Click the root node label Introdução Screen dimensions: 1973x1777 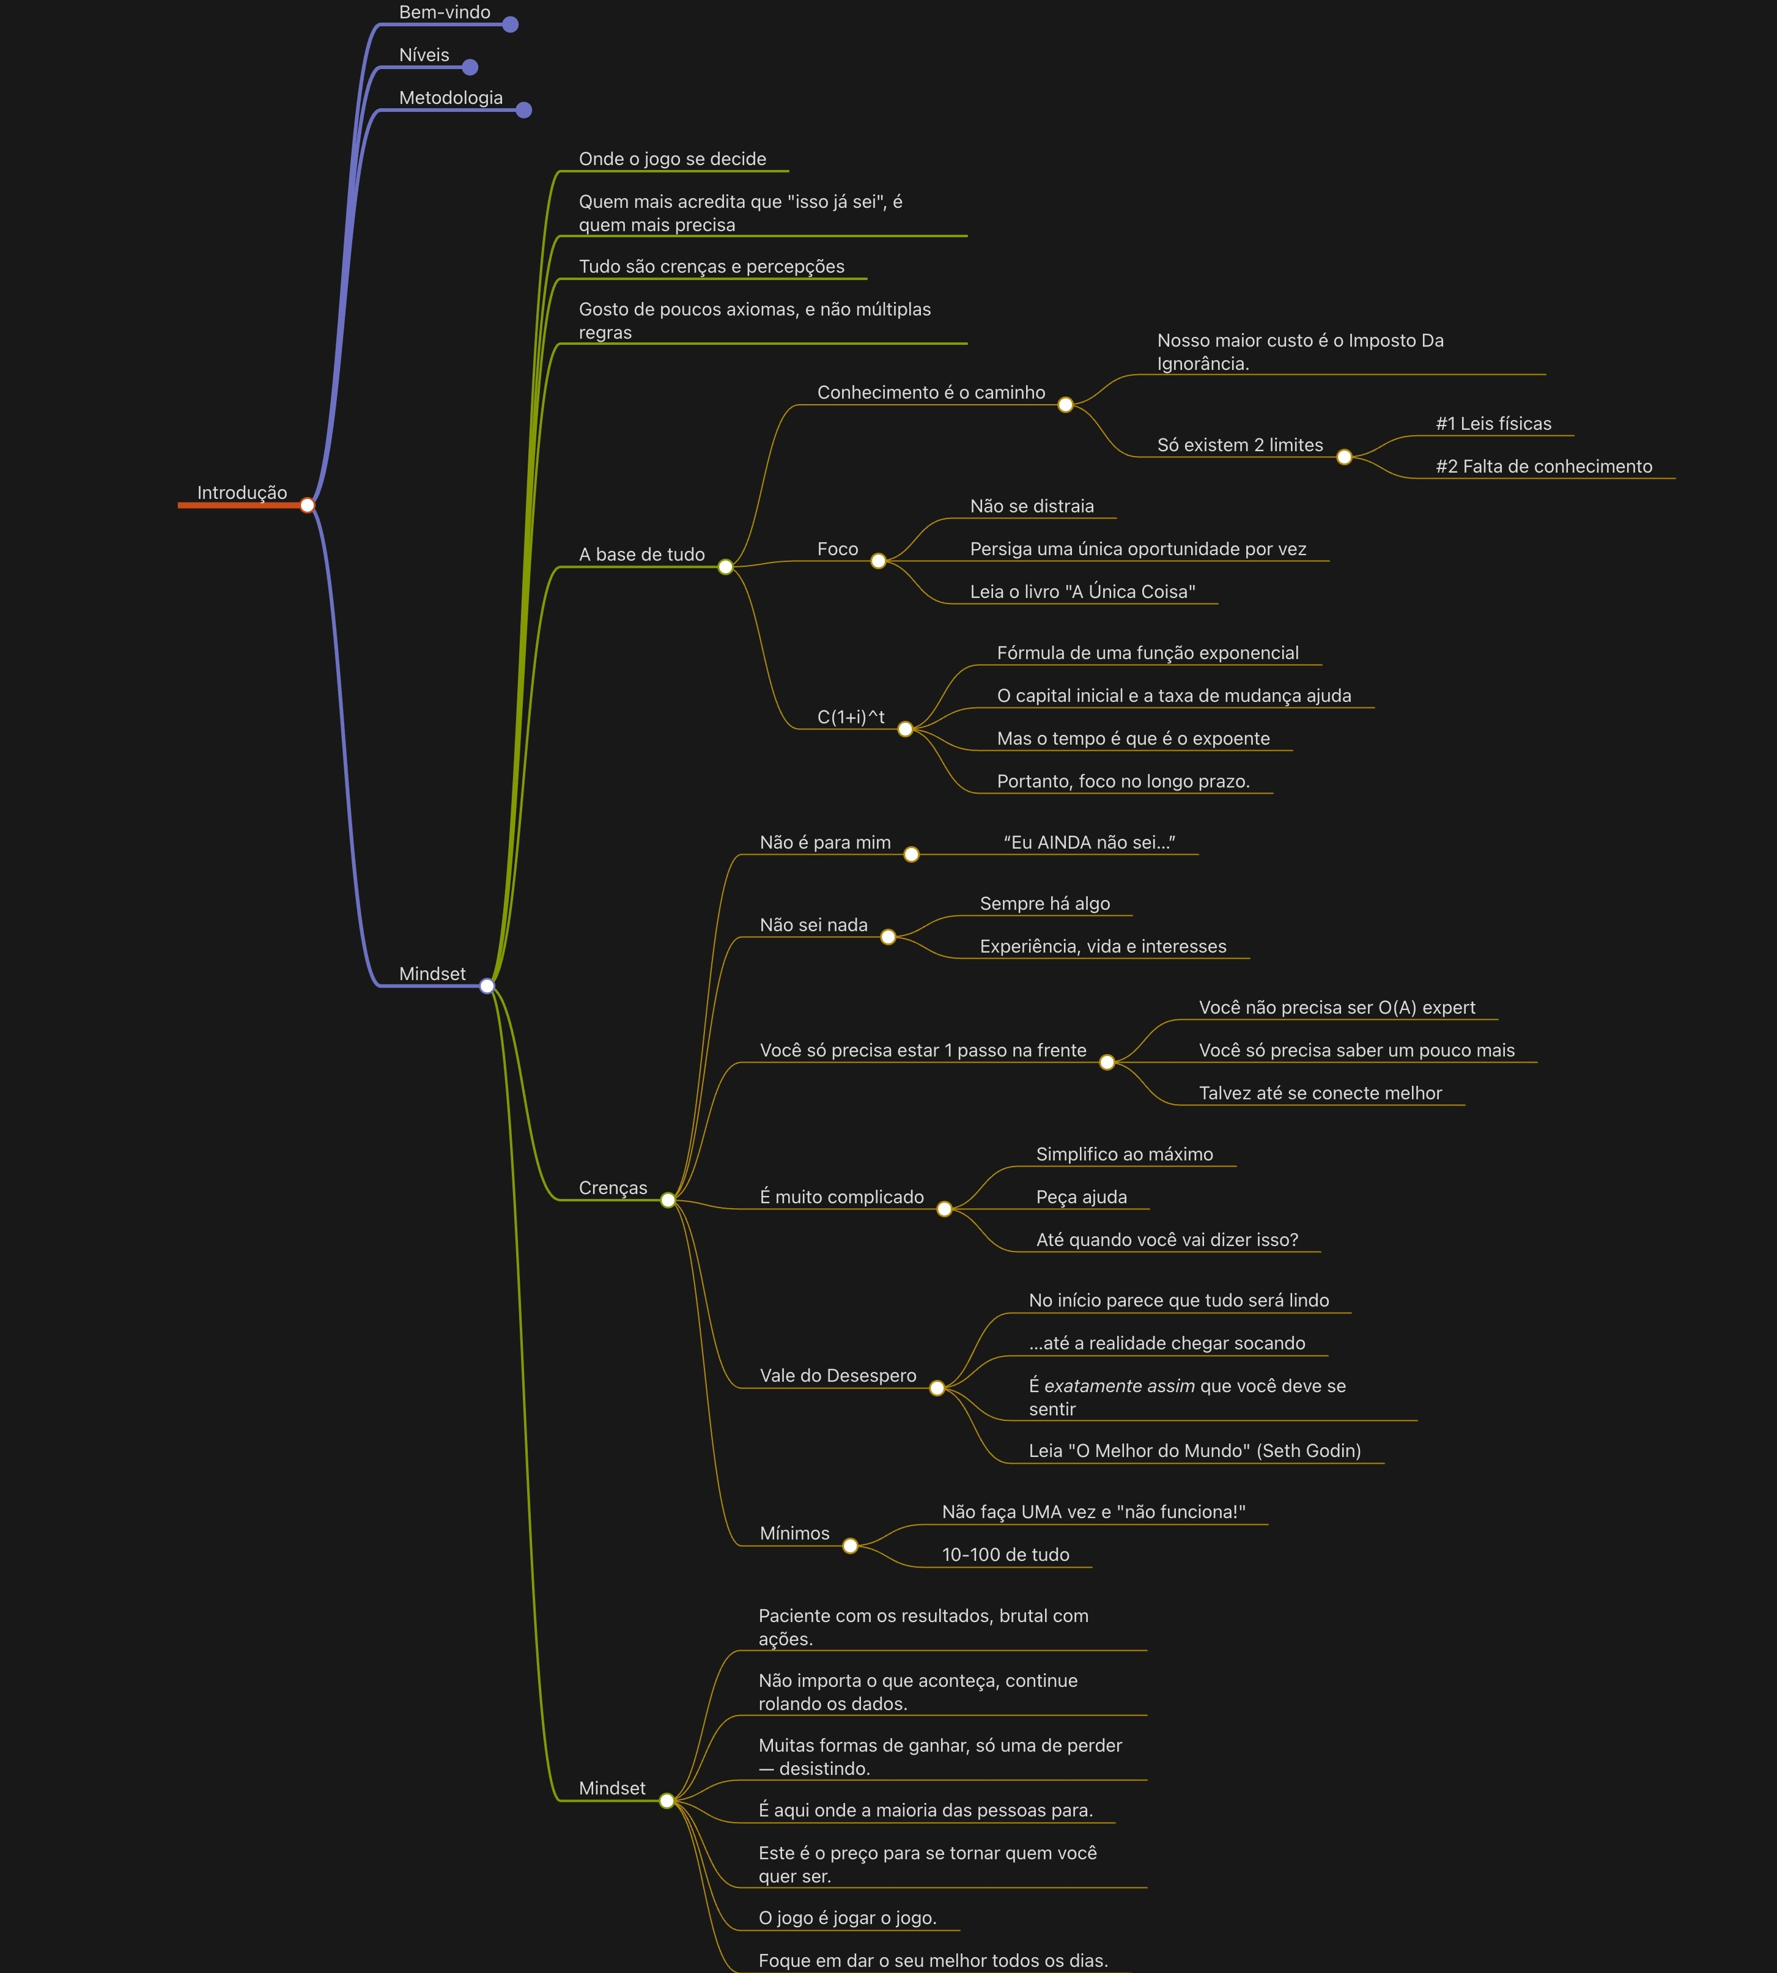(242, 493)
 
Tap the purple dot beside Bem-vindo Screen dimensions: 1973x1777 (509, 24)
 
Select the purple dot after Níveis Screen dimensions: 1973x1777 (470, 67)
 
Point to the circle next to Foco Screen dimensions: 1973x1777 (877, 561)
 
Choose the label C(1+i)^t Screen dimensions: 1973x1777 (851, 717)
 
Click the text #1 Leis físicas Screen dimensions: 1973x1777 (1493, 424)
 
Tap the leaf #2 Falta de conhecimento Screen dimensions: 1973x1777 (1543, 467)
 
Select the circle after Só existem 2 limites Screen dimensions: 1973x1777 (1345, 457)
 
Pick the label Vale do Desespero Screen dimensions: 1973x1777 (838, 1376)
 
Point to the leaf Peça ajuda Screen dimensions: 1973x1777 (1081, 1197)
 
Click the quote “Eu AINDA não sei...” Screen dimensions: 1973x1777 (1088, 843)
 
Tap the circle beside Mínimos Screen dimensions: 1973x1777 (851, 1546)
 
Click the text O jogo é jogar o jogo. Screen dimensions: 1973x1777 (846, 1919)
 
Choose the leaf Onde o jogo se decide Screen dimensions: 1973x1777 (672, 159)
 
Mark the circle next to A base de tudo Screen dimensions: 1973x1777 (725, 567)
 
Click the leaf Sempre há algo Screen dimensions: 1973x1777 (1044, 904)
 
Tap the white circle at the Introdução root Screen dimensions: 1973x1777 (308, 505)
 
